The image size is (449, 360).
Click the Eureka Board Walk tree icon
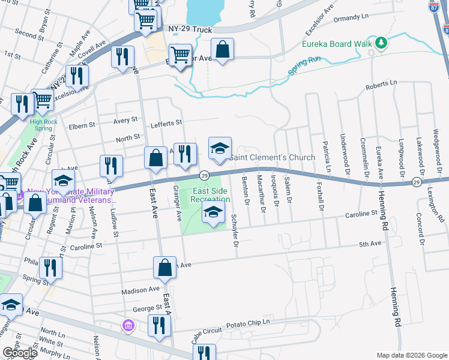point(381,43)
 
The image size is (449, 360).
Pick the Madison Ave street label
point(136,290)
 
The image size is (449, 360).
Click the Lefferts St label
point(166,123)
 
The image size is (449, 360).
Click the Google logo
point(20,353)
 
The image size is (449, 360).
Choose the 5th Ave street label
point(370,244)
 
